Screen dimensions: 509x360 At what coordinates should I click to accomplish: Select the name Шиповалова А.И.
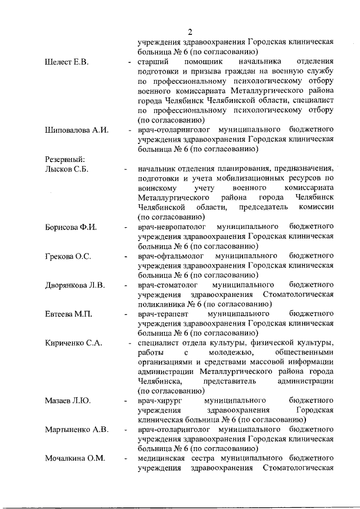tap(76, 130)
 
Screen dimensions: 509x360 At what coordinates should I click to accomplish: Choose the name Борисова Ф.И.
tap(71, 227)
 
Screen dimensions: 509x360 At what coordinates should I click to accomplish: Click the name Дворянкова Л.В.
tap(75, 285)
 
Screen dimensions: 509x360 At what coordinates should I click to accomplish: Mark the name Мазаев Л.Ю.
tap(67, 401)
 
